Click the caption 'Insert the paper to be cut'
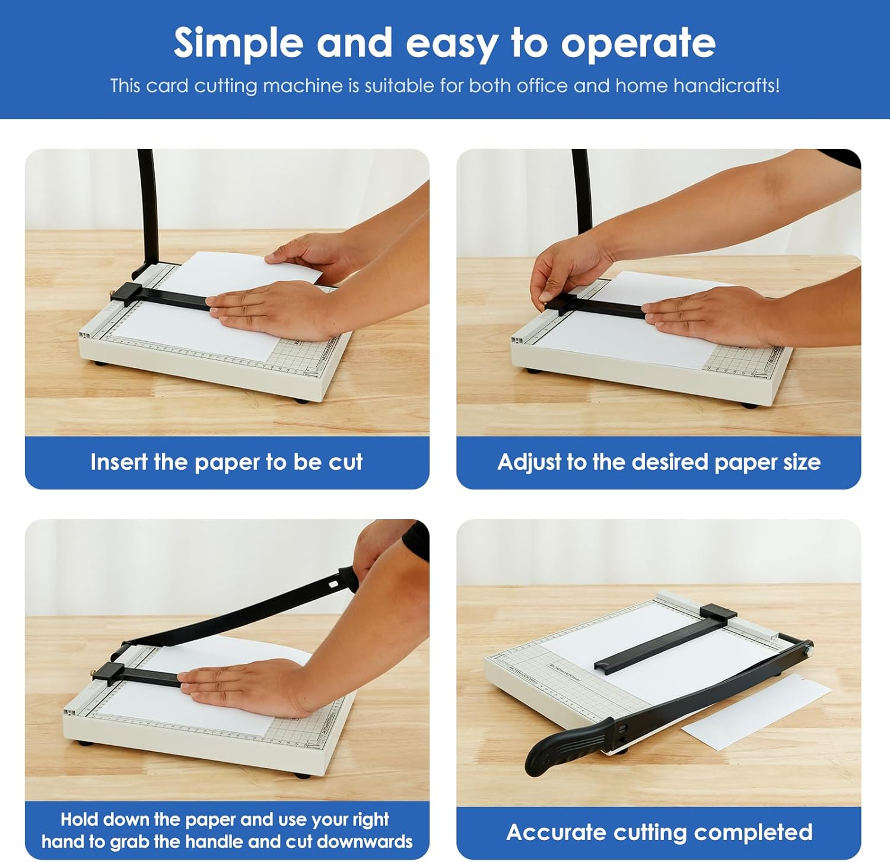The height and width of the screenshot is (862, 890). point(226,462)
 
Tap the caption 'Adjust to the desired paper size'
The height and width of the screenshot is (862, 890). point(659,462)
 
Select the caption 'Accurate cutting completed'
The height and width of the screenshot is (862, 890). point(659,832)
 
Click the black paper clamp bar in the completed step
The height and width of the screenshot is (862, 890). point(659,644)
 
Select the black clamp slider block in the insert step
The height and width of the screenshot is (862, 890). point(126,293)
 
